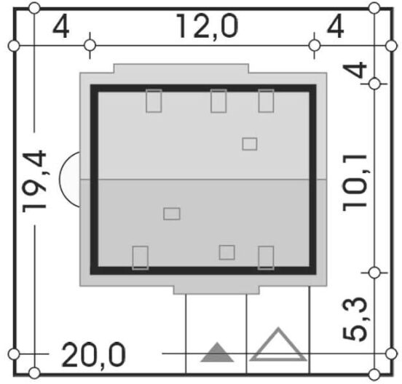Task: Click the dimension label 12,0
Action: click(208, 27)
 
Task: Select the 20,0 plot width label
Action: click(93, 355)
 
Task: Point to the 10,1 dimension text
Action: click(355, 183)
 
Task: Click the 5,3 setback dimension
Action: click(355, 319)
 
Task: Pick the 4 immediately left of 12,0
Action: click(60, 26)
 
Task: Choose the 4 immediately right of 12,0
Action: click(335, 26)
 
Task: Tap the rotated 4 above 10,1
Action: click(355, 69)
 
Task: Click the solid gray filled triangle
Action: click(217, 353)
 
